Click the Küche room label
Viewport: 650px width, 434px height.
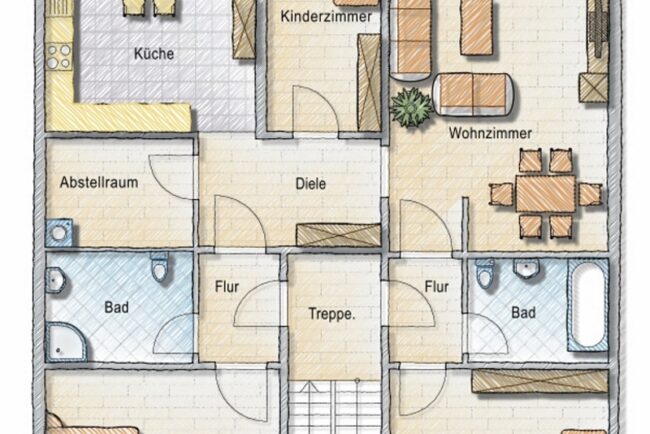pyautogui.click(x=154, y=54)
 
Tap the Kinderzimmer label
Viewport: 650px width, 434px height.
pyautogui.click(x=326, y=17)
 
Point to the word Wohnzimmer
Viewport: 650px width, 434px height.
pyautogui.click(x=490, y=133)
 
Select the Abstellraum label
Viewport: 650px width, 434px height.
pyautogui.click(x=99, y=182)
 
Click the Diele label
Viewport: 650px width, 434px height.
pyautogui.click(x=310, y=184)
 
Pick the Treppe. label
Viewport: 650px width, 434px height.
pyautogui.click(x=332, y=314)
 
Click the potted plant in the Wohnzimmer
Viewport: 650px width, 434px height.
pyautogui.click(x=411, y=107)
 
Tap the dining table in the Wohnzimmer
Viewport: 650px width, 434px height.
pyautogui.click(x=546, y=194)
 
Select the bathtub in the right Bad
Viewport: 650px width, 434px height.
pyautogui.click(x=588, y=305)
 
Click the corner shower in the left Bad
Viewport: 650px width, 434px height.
pyautogui.click(x=65, y=342)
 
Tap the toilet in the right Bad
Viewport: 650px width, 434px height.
pyautogui.click(x=484, y=274)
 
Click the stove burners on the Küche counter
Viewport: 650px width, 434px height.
pyautogui.click(x=59, y=56)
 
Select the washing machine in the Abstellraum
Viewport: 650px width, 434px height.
pyautogui.click(x=59, y=233)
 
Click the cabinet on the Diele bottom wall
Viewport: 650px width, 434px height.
pyautogui.click(x=338, y=235)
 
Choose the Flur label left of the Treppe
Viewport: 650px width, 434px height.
pyautogui.click(x=227, y=287)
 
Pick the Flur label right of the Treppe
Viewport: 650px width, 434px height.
pyautogui.click(x=437, y=286)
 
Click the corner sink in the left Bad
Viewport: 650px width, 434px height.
pyautogui.click(x=55, y=281)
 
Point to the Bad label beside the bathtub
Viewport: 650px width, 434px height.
pyautogui.click(x=524, y=313)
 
